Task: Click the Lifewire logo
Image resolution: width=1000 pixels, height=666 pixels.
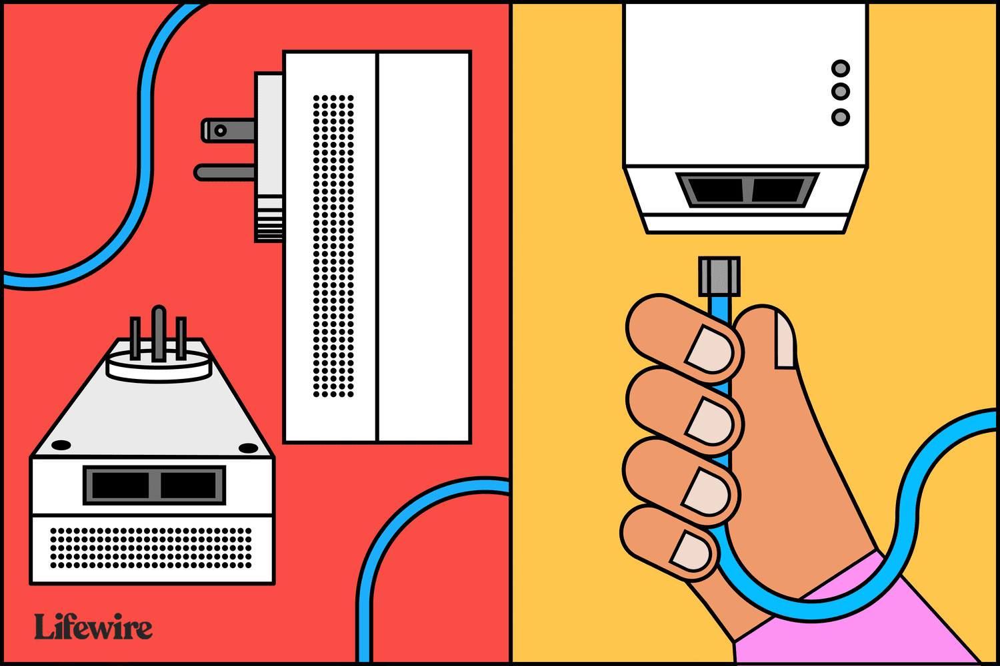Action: coord(93,626)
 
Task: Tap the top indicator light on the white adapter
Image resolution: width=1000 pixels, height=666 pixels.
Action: coord(840,69)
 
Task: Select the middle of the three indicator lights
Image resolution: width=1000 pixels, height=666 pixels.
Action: coord(840,92)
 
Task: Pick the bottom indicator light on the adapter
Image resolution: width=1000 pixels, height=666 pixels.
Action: coord(840,117)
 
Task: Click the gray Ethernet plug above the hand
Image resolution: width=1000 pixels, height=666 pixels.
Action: coord(719,276)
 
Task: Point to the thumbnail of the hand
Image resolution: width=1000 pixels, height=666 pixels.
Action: coord(785,340)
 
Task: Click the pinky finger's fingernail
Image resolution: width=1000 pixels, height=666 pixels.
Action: coord(690,552)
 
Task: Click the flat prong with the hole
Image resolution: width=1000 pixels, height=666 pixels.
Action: coord(229,131)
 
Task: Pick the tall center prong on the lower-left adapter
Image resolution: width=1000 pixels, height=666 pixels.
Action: coord(159,332)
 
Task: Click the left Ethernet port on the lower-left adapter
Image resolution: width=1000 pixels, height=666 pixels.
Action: coord(120,485)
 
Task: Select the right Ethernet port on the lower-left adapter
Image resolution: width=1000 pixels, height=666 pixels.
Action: coord(188,485)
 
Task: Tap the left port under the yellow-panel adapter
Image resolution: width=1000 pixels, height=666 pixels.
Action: coord(715,190)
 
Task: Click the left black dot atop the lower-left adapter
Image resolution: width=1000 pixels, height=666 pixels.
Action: coord(61,445)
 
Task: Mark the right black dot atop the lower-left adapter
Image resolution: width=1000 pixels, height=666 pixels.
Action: coord(248,448)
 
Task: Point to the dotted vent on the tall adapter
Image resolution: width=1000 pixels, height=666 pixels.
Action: coord(333,246)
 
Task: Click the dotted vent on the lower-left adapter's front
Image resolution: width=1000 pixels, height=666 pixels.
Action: coord(151,548)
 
